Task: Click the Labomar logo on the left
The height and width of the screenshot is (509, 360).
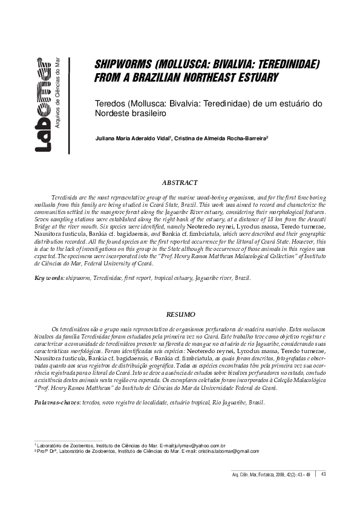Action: click(43, 105)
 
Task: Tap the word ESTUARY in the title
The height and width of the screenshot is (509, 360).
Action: click(255, 78)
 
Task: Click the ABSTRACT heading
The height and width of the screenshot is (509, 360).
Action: click(180, 182)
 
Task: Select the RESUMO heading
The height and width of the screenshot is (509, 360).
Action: click(180, 314)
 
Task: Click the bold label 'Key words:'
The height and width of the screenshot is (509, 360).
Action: click(48, 277)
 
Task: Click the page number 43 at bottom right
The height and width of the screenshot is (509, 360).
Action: click(324, 473)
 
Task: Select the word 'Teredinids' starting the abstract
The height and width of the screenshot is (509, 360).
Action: click(65, 198)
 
